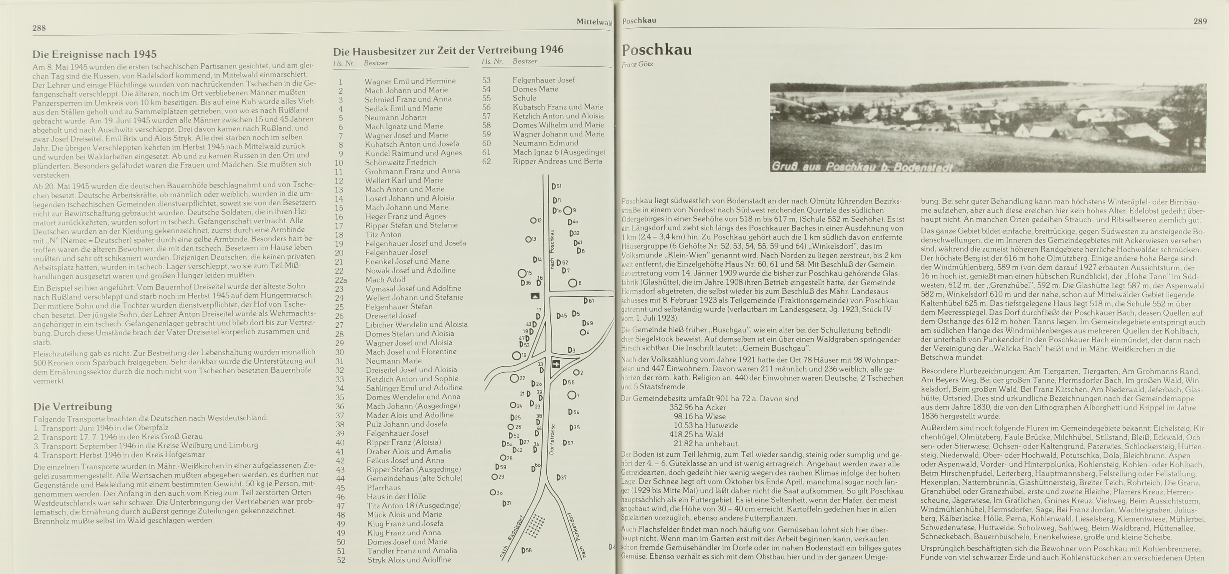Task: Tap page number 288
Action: point(39,28)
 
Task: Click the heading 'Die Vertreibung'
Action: point(72,407)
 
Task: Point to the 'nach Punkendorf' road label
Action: point(577,536)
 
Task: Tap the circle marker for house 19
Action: point(516,355)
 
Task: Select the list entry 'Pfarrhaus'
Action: point(384,488)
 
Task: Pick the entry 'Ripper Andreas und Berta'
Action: point(557,161)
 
